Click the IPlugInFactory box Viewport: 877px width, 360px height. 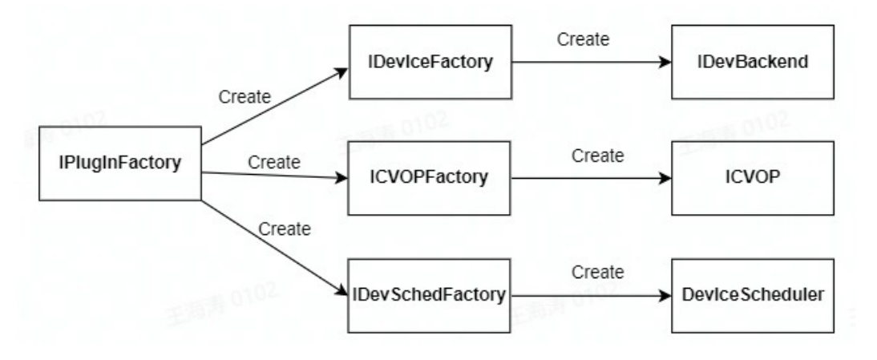[x=119, y=164]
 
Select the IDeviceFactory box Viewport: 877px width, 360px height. [x=430, y=62]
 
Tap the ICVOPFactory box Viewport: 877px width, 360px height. [x=430, y=178]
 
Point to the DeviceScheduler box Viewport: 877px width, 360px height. [x=751, y=295]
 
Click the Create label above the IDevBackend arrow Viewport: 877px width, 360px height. [x=584, y=38]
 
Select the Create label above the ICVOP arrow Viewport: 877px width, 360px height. [x=597, y=156]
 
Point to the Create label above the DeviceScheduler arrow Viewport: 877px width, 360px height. [x=597, y=272]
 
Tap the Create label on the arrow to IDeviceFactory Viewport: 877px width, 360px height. [x=245, y=97]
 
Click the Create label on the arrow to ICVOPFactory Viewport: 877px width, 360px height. [x=274, y=161]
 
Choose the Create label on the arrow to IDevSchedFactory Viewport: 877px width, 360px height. [x=284, y=229]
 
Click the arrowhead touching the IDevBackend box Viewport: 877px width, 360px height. [x=665, y=62]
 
